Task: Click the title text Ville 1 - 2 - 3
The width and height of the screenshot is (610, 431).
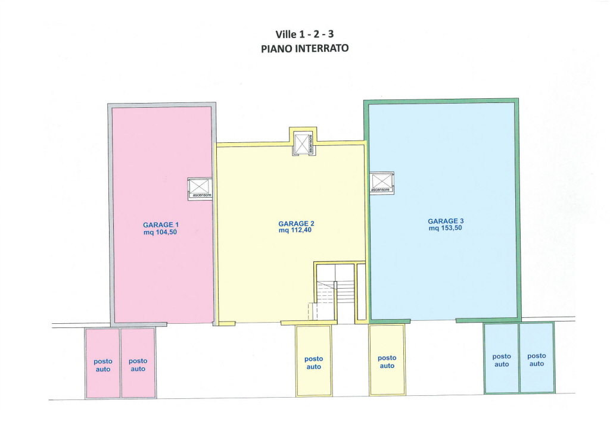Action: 304,34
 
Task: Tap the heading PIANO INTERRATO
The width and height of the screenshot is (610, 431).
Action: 304,49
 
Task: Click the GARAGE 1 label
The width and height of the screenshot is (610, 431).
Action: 161,224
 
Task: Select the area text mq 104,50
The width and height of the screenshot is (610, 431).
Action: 160,232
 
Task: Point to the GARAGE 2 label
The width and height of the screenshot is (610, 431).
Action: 296,223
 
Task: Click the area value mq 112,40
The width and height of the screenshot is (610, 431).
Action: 295,230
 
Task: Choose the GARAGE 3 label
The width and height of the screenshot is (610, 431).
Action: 446,221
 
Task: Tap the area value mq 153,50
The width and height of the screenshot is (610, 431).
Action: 446,228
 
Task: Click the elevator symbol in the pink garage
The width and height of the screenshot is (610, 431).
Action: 200,189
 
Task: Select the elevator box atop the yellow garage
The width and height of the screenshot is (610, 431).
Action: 303,142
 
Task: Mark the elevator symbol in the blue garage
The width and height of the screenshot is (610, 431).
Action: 382,183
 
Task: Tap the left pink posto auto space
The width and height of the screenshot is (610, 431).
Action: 102,363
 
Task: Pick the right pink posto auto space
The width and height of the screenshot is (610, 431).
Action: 138,363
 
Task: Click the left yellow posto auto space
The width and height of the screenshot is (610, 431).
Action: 314,361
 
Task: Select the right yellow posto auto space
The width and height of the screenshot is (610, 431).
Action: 387,360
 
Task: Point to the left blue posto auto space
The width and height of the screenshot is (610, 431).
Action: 502,358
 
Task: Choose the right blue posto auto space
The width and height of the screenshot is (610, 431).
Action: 537,358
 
